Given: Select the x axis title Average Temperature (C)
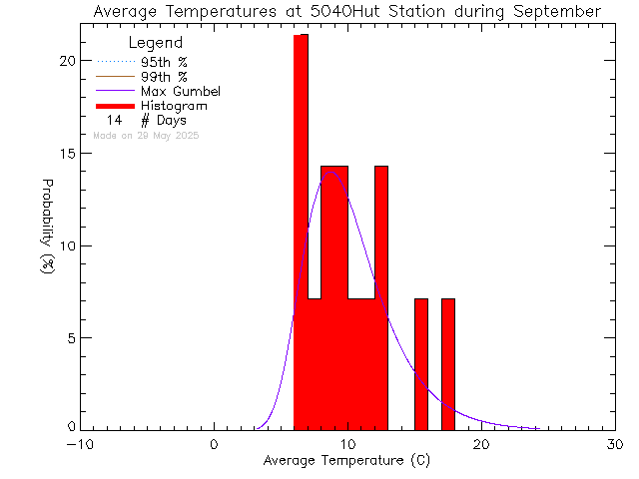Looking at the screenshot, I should click(347, 461).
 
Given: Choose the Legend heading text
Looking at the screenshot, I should click(156, 43).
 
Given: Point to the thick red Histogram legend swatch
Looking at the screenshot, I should click(115, 105).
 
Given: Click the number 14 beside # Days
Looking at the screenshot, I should click(114, 120).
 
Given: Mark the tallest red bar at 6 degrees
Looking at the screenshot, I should click(301, 230).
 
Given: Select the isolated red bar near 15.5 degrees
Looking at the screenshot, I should click(421, 364).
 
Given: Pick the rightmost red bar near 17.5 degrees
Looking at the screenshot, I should click(448, 364).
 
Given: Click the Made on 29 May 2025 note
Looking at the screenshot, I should click(146, 135).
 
